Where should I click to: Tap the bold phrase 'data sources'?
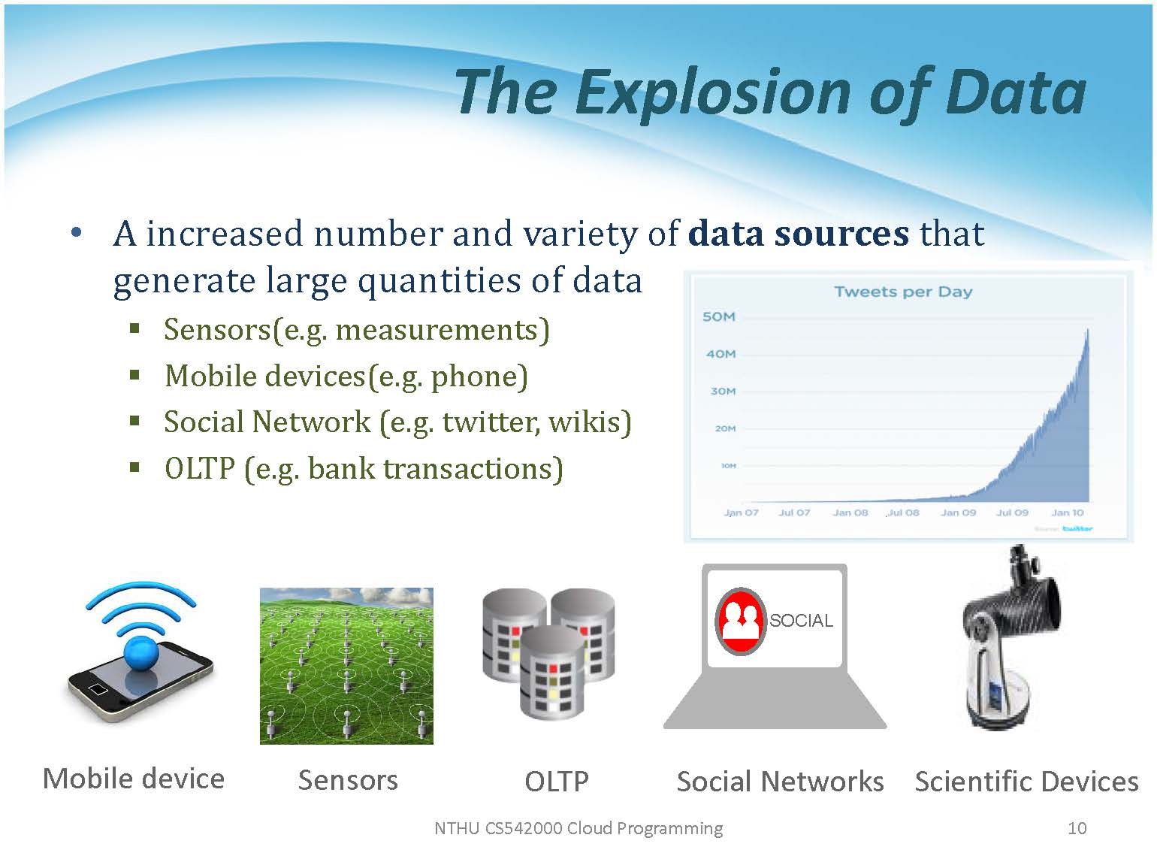pos(799,234)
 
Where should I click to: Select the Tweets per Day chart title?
pos(903,292)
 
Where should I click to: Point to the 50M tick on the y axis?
pos(718,316)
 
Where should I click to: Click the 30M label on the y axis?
pos(723,391)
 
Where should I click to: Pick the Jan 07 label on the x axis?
pos(741,513)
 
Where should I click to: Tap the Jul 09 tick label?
pos(1012,513)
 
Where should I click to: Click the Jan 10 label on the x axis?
pos(1068,513)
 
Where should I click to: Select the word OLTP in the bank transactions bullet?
pos(200,468)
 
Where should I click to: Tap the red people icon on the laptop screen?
pos(741,621)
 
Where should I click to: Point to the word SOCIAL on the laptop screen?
pos(801,621)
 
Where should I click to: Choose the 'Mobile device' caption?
pos(134,779)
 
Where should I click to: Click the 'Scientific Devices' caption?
pos(1026,781)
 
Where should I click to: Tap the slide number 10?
pos(1077,828)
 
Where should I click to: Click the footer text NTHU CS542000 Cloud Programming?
pos(578,828)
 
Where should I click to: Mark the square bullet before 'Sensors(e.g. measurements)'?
pos(135,329)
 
